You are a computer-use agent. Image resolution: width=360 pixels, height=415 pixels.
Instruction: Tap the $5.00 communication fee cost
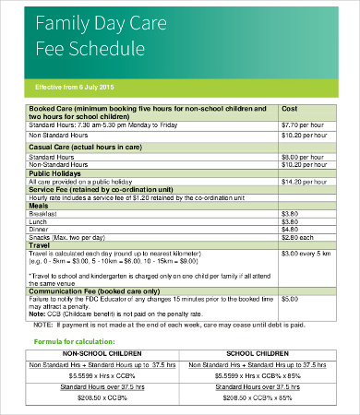(289, 300)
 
